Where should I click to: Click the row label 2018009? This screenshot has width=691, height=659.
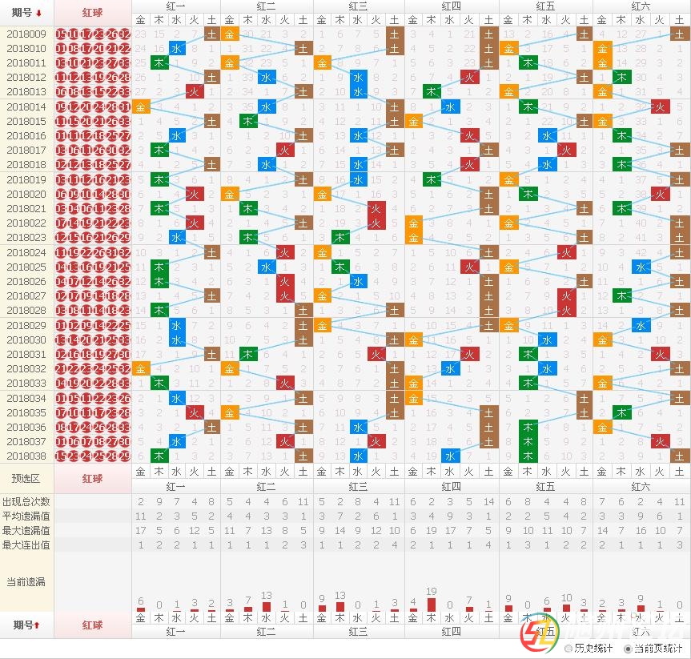[x=26, y=34]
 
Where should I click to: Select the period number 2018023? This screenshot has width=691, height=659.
[x=26, y=237]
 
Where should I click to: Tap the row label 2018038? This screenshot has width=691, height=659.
[x=26, y=456]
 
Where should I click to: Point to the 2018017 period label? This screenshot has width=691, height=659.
[x=26, y=150]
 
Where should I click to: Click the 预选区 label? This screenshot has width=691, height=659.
[x=26, y=478]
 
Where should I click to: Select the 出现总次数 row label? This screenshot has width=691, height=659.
[x=26, y=501]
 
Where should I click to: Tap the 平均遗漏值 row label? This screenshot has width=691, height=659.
[x=26, y=516]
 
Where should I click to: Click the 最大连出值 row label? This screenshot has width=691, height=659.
[x=26, y=544]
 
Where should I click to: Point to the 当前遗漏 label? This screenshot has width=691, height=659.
[x=26, y=581]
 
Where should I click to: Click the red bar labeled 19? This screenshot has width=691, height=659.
[x=432, y=604]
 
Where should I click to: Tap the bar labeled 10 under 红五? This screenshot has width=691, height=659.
[x=567, y=608]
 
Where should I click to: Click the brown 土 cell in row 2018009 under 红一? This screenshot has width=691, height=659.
[x=211, y=34]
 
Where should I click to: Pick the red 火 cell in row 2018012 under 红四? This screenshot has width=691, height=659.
[x=470, y=77]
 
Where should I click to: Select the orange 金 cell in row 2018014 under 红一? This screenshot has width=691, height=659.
[x=141, y=106]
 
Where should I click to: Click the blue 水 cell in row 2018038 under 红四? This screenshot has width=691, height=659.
[x=451, y=456]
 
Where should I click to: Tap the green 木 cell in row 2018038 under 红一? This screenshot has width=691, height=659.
[x=159, y=456]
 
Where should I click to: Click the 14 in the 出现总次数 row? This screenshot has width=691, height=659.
[x=488, y=501]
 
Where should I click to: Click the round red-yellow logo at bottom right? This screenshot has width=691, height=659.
[x=534, y=639]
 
